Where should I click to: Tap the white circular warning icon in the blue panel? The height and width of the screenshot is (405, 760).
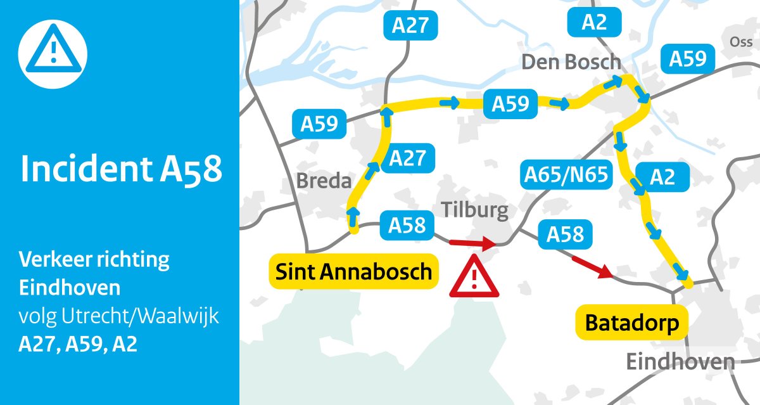(53, 53)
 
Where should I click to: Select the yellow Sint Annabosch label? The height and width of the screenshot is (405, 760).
(353, 272)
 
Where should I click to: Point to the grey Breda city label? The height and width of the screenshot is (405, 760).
(324, 181)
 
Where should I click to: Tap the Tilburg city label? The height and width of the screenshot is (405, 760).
(475, 210)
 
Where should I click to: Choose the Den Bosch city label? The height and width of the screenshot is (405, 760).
(571, 62)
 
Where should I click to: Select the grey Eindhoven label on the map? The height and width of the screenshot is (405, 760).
(680, 363)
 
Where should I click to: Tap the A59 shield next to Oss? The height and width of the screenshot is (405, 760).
(688, 60)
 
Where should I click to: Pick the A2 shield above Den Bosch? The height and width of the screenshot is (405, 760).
(594, 23)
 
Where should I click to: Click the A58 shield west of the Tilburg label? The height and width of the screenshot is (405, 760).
(407, 226)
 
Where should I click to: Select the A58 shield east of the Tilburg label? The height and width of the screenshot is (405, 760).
(565, 234)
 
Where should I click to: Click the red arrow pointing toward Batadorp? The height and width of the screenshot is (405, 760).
(592, 267)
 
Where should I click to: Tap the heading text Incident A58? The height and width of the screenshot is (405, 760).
(122, 170)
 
